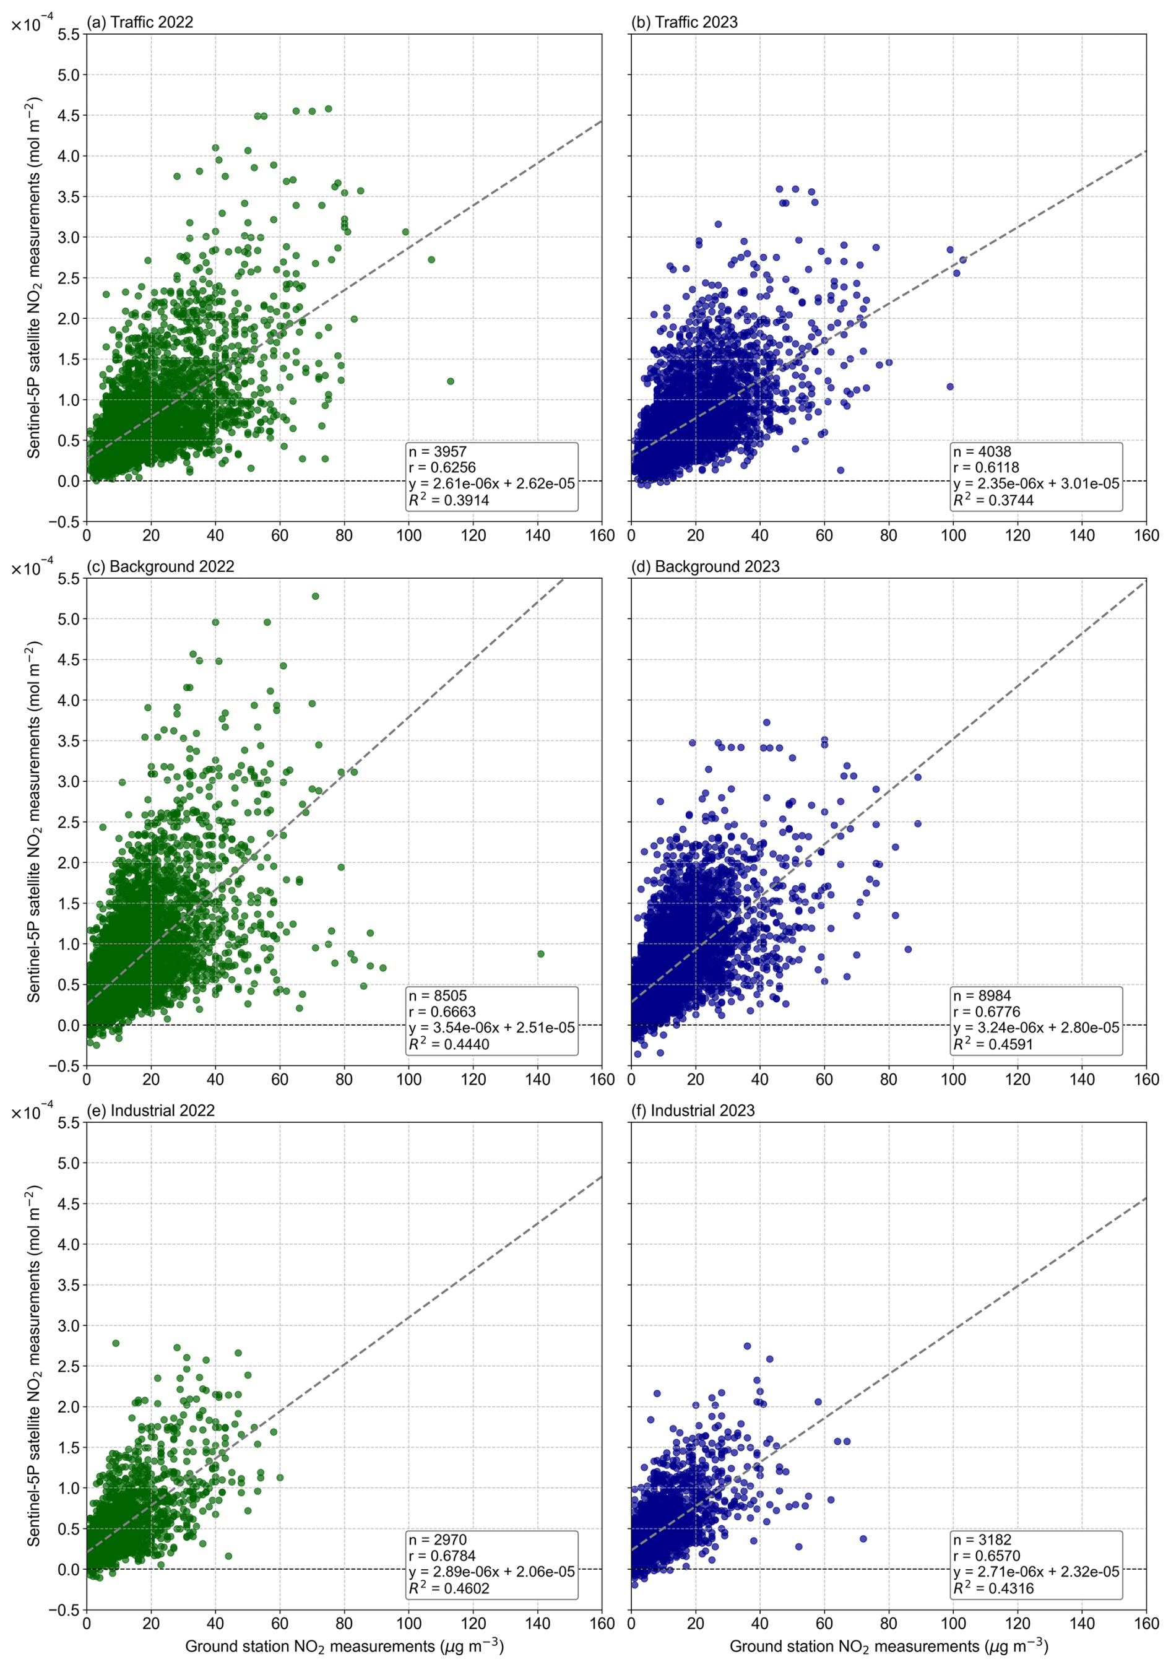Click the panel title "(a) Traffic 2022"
(140, 22)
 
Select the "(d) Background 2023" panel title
(705, 566)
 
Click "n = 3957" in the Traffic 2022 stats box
(437, 452)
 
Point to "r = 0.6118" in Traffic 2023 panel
(986, 467)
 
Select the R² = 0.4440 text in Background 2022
(449, 1044)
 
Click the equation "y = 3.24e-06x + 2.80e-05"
(1036, 1028)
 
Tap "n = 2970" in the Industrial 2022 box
(437, 1539)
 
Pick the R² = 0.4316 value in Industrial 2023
(993, 1588)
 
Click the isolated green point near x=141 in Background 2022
(540, 954)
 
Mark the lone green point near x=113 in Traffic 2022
(450, 381)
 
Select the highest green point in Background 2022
(315, 596)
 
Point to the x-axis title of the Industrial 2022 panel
(344, 1646)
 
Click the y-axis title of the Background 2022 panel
(34, 821)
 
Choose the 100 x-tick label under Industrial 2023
(953, 1624)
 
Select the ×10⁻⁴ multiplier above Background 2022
(32, 568)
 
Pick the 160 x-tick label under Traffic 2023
(1146, 535)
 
